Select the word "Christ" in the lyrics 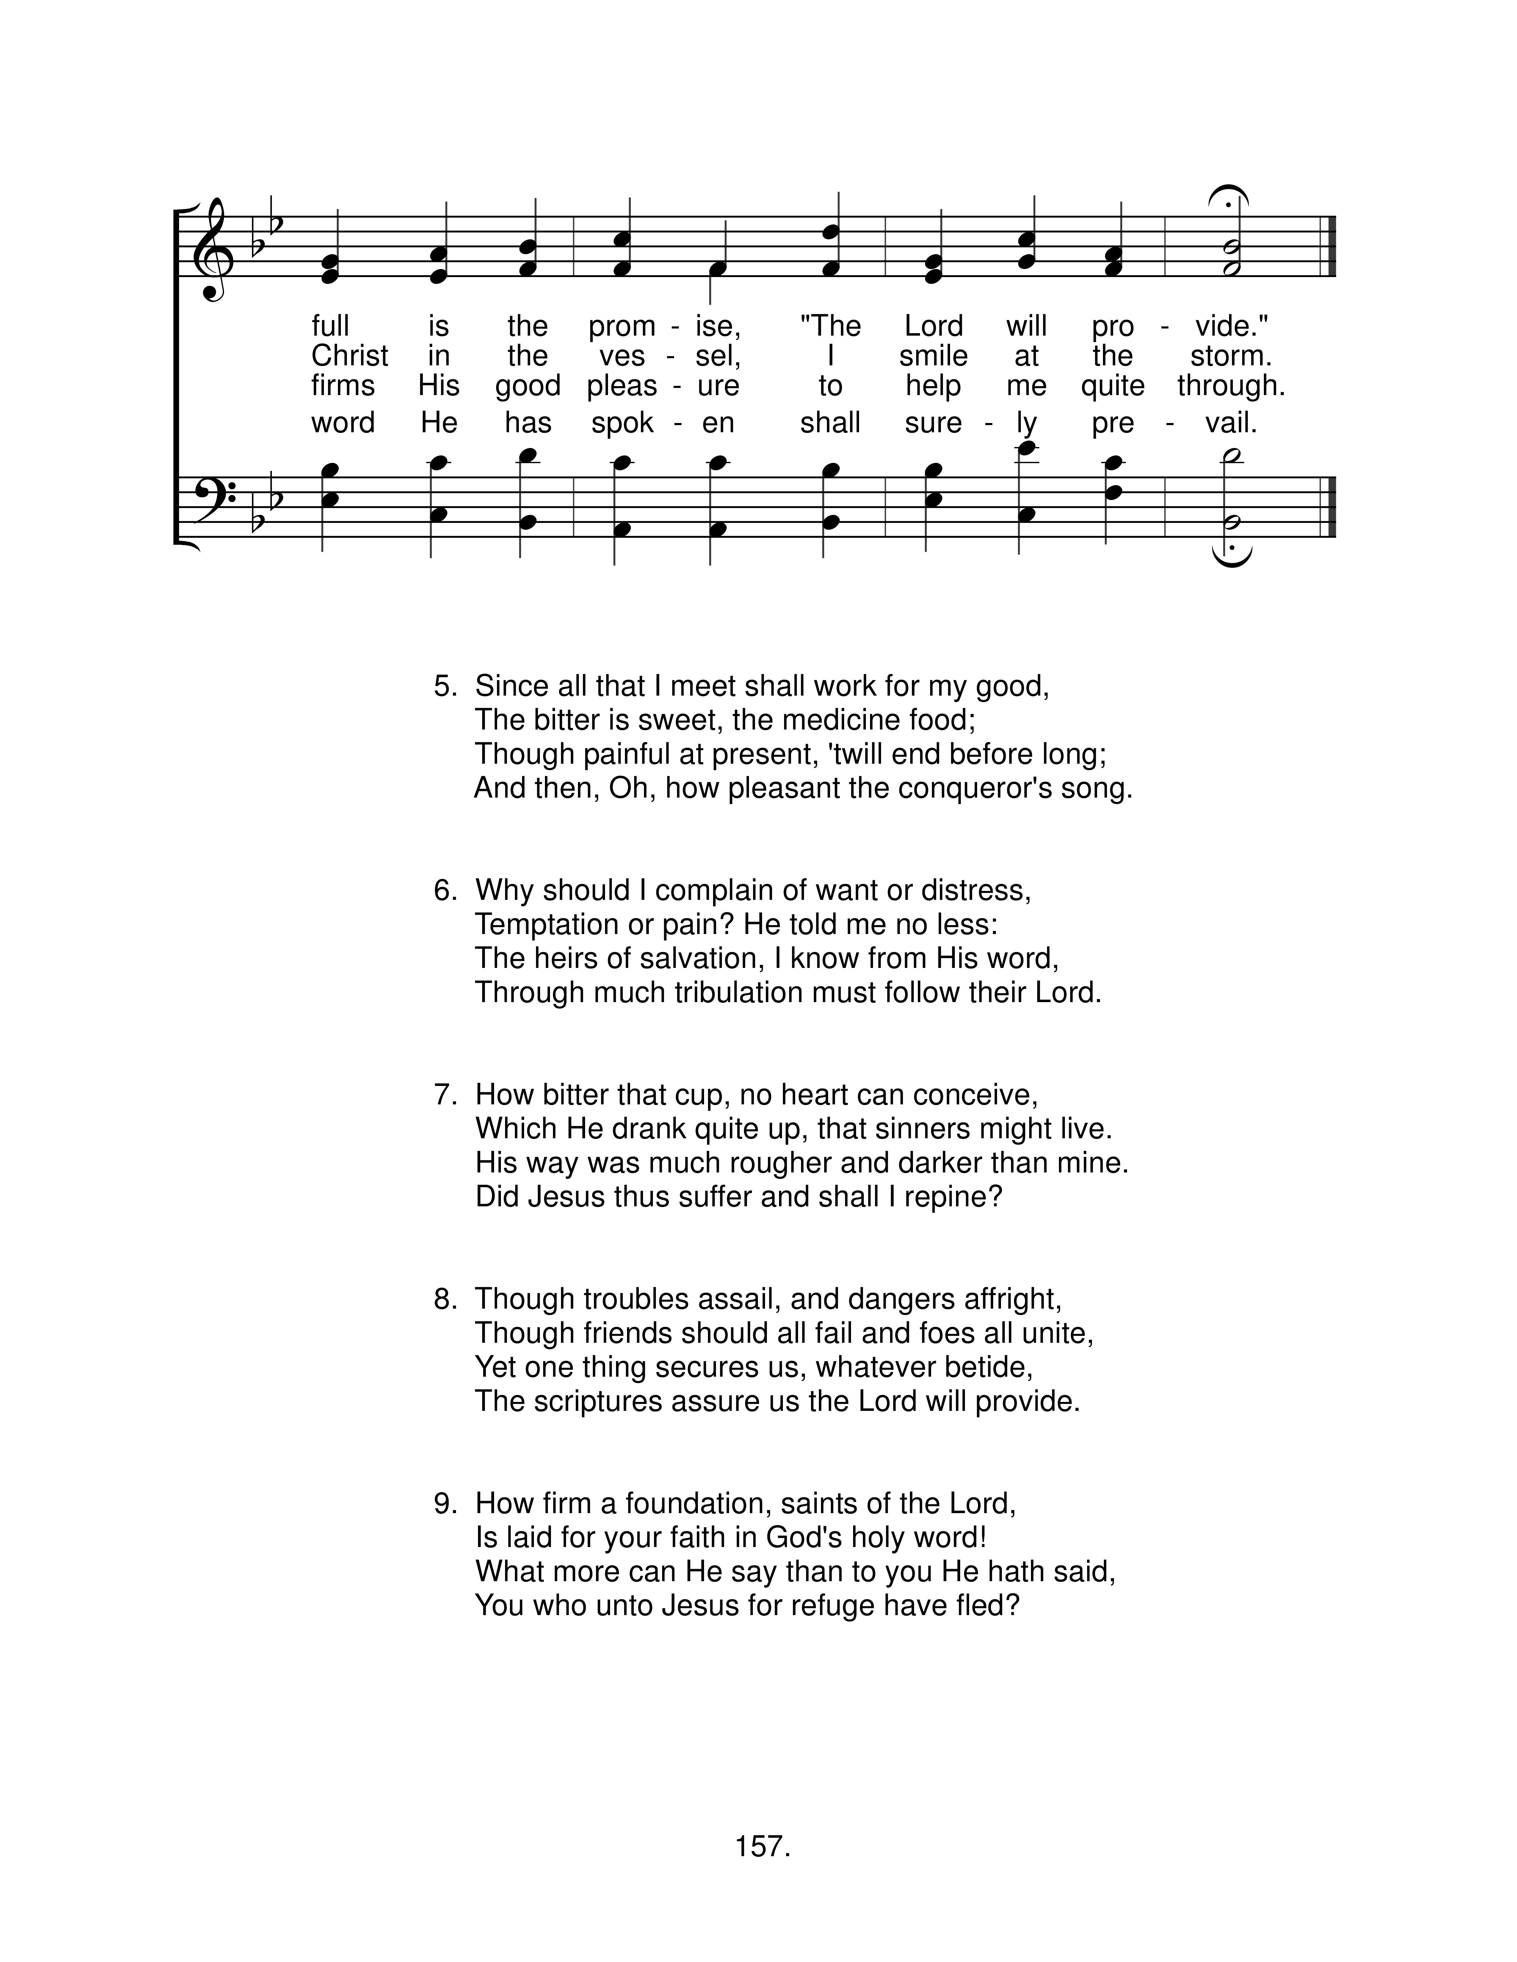click(350, 356)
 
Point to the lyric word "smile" click(933, 356)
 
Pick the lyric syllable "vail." click(1231, 422)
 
